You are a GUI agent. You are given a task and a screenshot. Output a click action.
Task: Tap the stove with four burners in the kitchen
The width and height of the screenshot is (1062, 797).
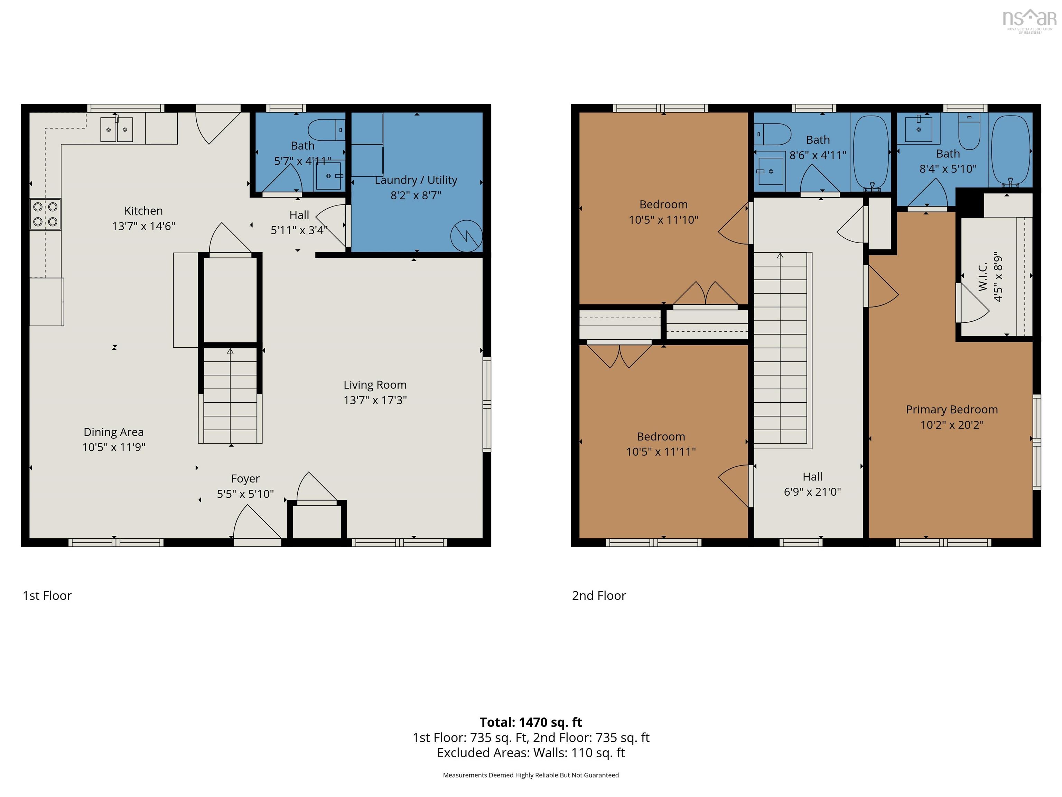(x=45, y=214)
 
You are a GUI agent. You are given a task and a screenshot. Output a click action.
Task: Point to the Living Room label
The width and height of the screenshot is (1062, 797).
(x=375, y=385)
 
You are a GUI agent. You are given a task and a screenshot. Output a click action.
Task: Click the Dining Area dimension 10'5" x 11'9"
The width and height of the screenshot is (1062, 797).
(x=114, y=447)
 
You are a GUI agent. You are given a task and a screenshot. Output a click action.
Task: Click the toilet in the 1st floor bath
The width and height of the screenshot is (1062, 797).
(x=326, y=130)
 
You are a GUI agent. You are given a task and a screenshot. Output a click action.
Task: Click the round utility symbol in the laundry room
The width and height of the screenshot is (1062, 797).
(x=466, y=236)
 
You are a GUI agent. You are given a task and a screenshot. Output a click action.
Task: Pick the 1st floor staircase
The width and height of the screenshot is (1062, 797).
(x=231, y=395)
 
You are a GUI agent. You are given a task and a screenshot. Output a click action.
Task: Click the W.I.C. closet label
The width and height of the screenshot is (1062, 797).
(x=983, y=277)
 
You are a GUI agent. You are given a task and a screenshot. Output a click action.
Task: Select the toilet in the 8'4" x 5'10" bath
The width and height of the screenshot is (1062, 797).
(x=969, y=130)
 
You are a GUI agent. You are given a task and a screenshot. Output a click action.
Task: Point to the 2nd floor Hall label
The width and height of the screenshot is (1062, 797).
(x=812, y=477)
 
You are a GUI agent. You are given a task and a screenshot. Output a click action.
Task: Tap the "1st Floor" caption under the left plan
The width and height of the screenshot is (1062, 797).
(x=47, y=596)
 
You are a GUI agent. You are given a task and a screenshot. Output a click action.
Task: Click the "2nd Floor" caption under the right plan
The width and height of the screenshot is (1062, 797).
(x=599, y=596)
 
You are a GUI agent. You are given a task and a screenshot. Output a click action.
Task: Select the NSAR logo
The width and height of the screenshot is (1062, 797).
(x=1030, y=21)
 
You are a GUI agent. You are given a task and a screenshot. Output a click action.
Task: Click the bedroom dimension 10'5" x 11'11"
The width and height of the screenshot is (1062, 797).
(x=661, y=451)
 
